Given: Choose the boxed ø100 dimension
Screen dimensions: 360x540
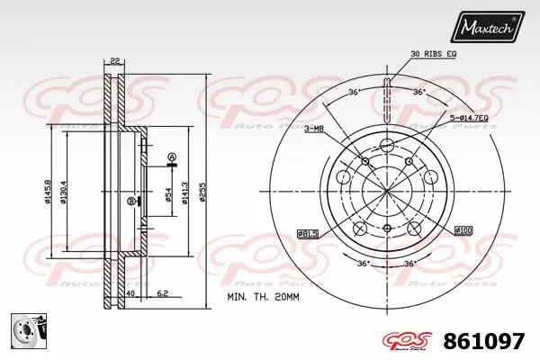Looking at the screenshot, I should [x=464, y=229].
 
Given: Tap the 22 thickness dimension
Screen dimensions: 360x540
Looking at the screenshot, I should [x=114, y=60].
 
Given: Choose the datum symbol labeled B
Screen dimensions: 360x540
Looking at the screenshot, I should [x=131, y=201].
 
